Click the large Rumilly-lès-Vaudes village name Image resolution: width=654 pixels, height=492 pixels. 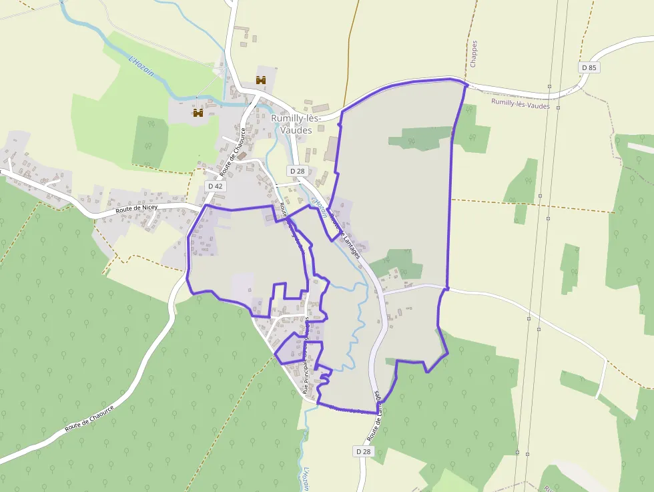pyautogui.click(x=296, y=124)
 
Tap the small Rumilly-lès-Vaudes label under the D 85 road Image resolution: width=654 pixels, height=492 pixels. pyautogui.click(x=521, y=104)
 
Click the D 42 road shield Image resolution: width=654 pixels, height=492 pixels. pyautogui.click(x=215, y=186)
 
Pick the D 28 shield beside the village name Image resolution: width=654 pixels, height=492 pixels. pyautogui.click(x=297, y=172)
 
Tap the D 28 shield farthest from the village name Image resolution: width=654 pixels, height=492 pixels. pyautogui.click(x=362, y=452)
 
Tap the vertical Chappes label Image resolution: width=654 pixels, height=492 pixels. pyautogui.click(x=474, y=54)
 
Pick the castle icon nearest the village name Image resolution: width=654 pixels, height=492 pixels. pyautogui.click(x=261, y=80)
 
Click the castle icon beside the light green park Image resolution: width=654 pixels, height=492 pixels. pyautogui.click(x=198, y=113)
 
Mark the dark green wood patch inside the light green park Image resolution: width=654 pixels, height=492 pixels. pyautogui.click(x=150, y=142)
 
